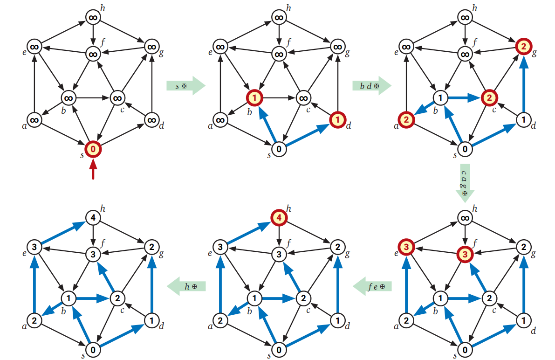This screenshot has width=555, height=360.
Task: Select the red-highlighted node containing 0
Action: point(93,149)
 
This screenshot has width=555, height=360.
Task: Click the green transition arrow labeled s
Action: point(185,86)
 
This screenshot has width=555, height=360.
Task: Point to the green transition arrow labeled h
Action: point(186,286)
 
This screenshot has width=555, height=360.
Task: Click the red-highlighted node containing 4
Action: point(279,217)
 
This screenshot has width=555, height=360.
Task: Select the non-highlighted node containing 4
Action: point(93,217)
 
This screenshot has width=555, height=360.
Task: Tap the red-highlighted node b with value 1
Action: point(255,98)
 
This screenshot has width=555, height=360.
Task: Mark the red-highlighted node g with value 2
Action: point(523,46)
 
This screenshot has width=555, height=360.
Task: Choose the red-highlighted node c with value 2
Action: point(488,98)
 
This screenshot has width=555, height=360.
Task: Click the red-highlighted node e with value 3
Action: point(406,246)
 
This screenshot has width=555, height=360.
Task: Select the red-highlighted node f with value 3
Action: point(465,254)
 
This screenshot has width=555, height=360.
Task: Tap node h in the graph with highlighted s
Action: point(93,18)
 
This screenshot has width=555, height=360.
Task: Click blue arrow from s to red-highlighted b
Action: point(268,125)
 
